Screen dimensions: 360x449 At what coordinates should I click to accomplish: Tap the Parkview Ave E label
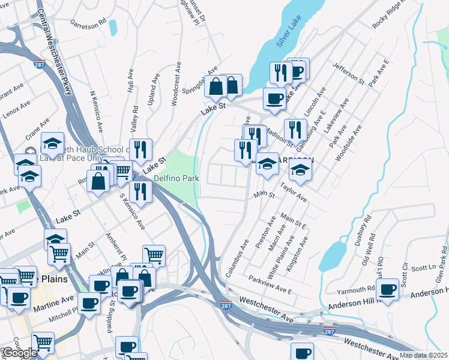pos(270,283)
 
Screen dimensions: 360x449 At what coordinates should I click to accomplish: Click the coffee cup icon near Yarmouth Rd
pos(388,287)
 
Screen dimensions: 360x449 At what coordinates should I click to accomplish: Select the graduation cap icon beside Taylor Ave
pos(300,170)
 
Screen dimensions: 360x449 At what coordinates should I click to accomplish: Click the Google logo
pos(20,353)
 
